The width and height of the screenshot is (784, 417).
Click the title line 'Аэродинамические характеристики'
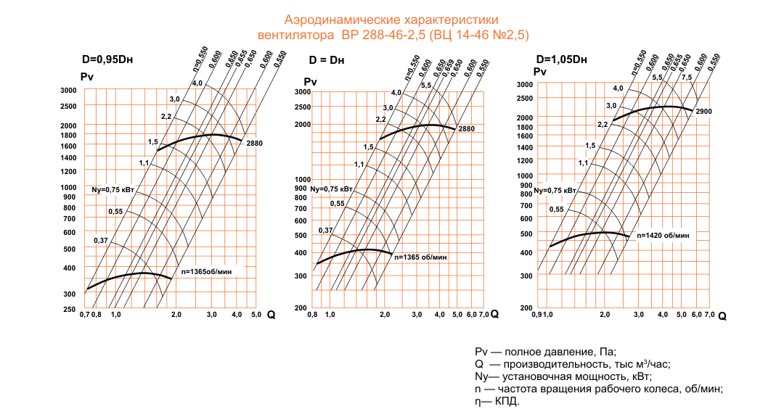coord(392,20)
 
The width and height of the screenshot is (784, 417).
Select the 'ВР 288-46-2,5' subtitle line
coord(392,35)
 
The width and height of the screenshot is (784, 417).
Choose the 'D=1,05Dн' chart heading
coord(561,59)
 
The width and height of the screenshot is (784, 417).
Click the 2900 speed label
coord(703,111)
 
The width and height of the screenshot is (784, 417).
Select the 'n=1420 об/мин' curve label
coord(662,236)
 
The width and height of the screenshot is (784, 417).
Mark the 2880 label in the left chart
coord(254,144)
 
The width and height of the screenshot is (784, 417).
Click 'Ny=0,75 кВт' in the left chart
coord(114,189)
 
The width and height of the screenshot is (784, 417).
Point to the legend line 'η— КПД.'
coord(497,401)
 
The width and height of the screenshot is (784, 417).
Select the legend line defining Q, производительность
coord(573,364)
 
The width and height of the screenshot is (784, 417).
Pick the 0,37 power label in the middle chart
coord(326,231)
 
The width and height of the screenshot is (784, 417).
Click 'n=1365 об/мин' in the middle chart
coord(420,257)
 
